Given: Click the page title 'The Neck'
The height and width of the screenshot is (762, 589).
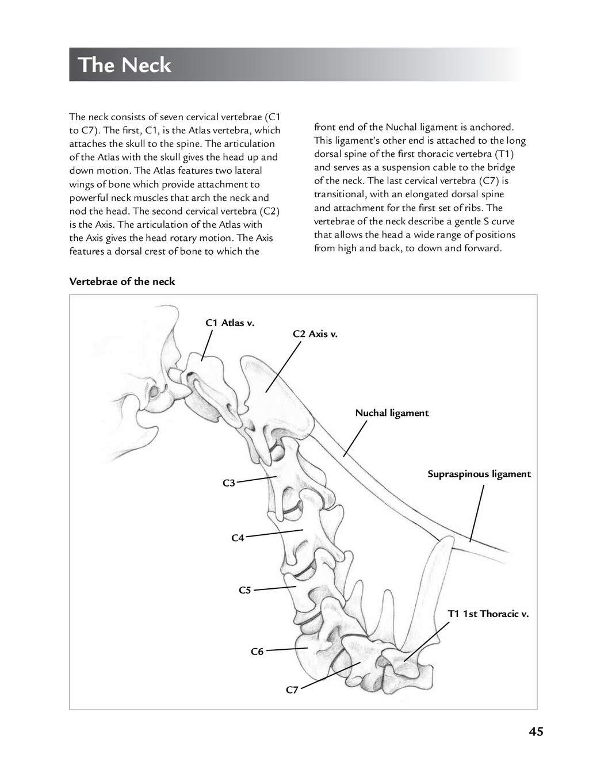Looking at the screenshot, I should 124,65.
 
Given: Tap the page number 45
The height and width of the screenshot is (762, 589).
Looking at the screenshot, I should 536,732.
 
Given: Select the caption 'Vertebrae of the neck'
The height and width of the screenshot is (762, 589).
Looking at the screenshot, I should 122,281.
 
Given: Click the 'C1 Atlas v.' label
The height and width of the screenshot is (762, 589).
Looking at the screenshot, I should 230,323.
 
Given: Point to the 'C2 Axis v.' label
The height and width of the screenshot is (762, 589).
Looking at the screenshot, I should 315,334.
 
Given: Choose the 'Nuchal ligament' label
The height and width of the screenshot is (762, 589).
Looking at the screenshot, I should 392,413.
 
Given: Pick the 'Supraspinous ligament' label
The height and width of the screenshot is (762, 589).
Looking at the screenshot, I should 479,474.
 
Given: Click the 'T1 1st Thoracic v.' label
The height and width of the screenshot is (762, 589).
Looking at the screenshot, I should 488,614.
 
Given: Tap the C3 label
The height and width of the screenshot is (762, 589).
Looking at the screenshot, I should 229,483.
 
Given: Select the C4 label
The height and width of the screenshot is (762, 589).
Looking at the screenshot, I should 238,538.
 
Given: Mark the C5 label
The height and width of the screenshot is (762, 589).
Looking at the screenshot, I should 245,590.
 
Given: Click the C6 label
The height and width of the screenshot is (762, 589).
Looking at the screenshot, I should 257,652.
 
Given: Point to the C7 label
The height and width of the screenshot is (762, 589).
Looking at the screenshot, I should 292,690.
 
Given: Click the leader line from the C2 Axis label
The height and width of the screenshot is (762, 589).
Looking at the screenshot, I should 283,367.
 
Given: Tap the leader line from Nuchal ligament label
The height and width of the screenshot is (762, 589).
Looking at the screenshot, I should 355,439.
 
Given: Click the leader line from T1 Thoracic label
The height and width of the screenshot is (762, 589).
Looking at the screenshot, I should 426,642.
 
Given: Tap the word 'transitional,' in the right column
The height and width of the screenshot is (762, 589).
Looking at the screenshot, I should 341,194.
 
